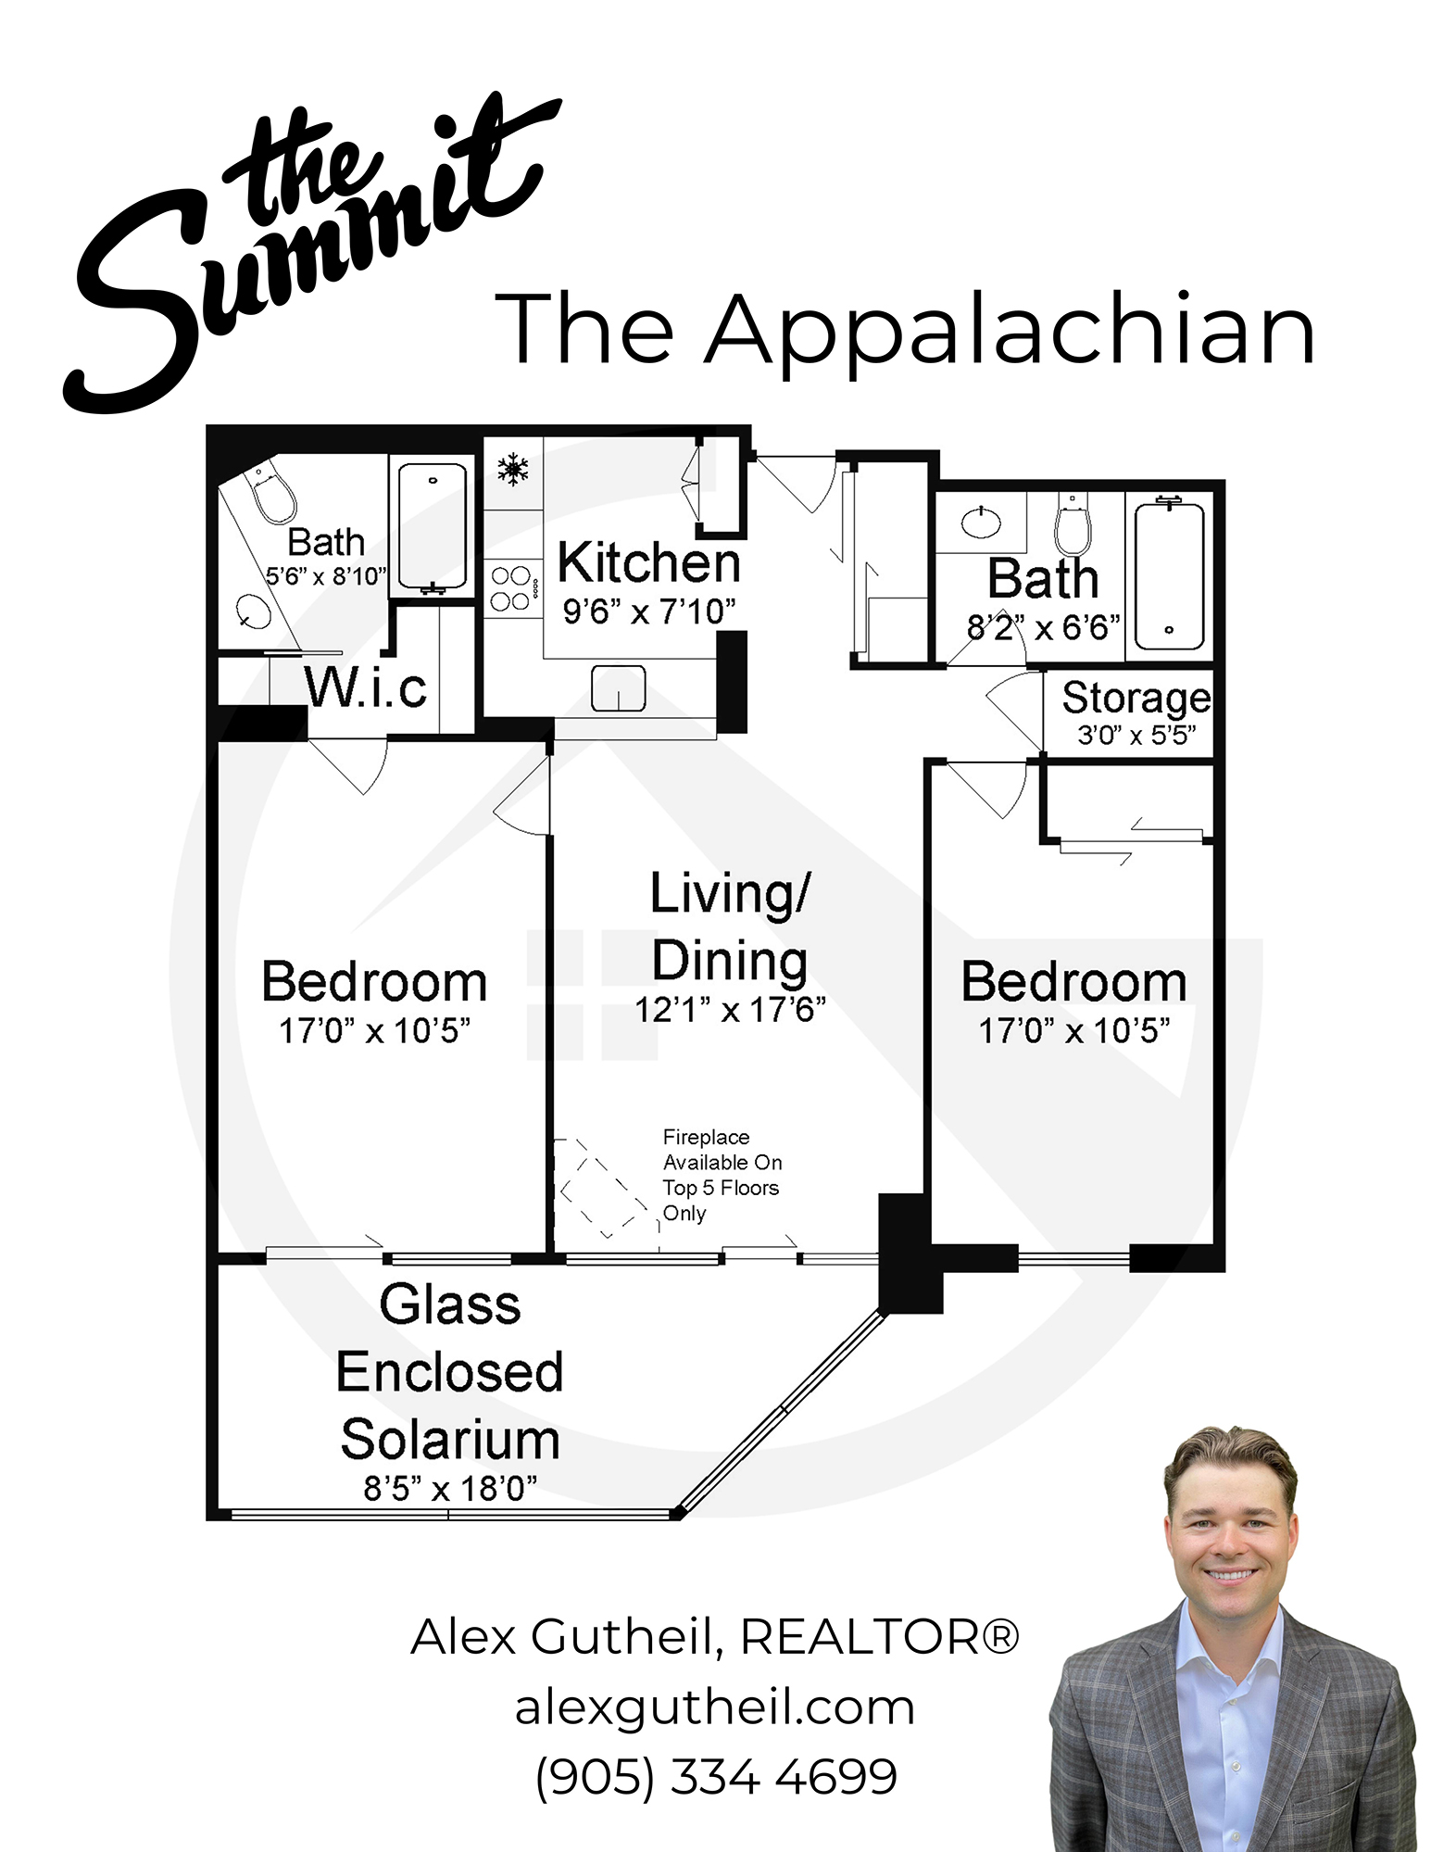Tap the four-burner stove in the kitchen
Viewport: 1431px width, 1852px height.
pyautogui.click(x=510, y=588)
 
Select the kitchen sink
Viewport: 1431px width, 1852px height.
pyautogui.click(x=619, y=688)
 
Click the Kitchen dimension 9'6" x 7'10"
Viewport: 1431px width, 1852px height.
pyautogui.click(x=649, y=611)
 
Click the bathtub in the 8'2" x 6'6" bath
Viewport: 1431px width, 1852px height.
pyautogui.click(x=1169, y=576)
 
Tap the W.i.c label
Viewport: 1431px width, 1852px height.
pyautogui.click(x=366, y=687)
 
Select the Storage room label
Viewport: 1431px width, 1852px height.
pyautogui.click(x=1136, y=698)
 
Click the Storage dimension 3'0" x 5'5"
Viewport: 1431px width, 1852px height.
pyautogui.click(x=1136, y=736)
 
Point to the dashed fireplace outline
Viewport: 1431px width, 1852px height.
pyautogui.click(x=603, y=1190)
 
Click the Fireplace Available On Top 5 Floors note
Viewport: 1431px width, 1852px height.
pyautogui.click(x=722, y=1175)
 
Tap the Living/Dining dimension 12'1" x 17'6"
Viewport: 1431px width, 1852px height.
pyautogui.click(x=730, y=1010)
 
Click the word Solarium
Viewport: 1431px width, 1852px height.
pyautogui.click(x=450, y=1440)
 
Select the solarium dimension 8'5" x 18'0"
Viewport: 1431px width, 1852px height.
pyautogui.click(x=450, y=1489)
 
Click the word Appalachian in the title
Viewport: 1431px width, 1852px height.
pyautogui.click(x=1010, y=331)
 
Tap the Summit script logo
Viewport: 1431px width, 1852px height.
pyautogui.click(x=306, y=250)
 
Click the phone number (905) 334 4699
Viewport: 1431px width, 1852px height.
pyautogui.click(x=716, y=1776)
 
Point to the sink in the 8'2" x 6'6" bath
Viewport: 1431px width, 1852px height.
pyautogui.click(x=981, y=523)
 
